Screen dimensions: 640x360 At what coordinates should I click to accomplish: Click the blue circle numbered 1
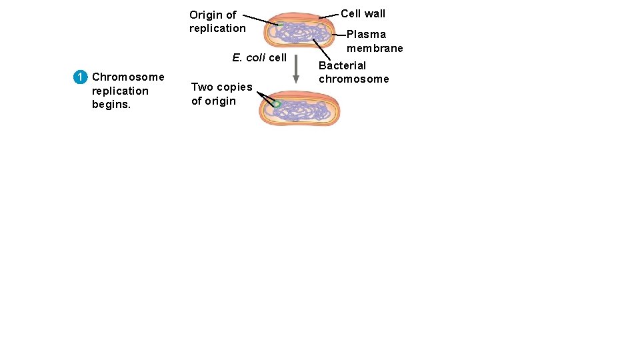[79, 77]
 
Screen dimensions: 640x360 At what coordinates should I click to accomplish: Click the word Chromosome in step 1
[128, 77]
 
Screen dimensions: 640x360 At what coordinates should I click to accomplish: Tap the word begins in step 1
[111, 105]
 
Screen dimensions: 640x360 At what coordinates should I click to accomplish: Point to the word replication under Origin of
[217, 28]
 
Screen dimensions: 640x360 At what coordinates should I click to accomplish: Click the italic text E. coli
[249, 57]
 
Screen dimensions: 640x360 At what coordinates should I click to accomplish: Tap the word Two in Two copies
[201, 87]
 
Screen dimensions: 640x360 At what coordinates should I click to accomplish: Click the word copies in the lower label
[234, 87]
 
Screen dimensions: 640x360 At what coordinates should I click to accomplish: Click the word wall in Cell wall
[374, 13]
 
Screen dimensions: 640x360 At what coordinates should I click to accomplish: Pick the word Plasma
[366, 34]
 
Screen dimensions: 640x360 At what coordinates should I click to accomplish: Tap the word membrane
[375, 48]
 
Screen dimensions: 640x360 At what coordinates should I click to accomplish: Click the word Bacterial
[342, 65]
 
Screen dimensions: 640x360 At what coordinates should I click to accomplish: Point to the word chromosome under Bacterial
[353, 79]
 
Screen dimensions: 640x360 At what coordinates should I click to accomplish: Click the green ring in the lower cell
[277, 104]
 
